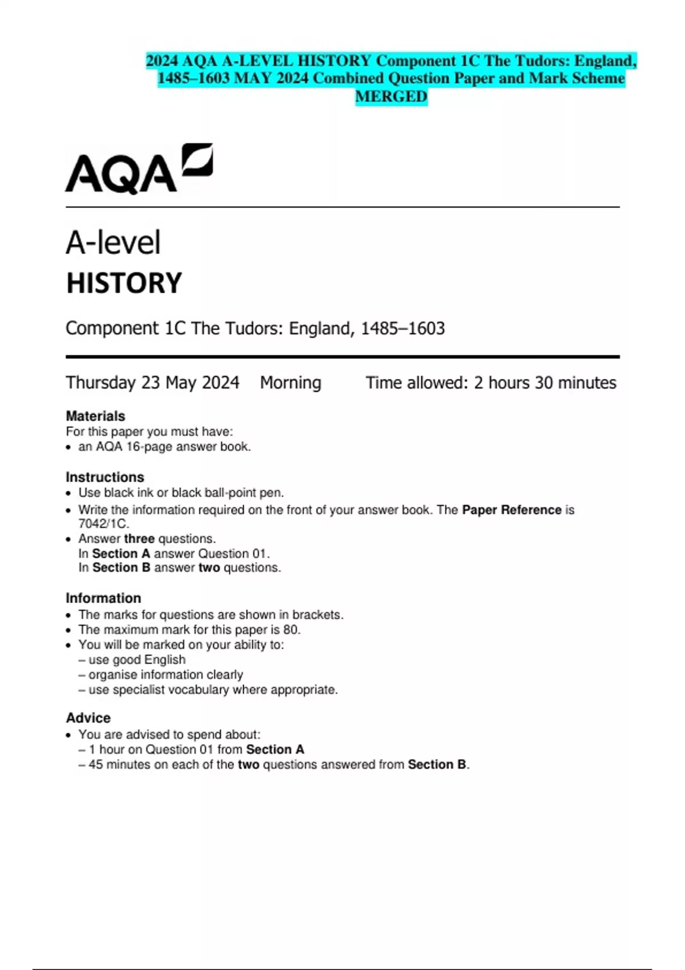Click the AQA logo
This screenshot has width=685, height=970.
point(139,168)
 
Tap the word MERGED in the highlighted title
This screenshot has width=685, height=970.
point(391,96)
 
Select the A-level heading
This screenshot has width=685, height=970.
point(113,242)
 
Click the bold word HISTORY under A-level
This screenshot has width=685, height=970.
point(124,284)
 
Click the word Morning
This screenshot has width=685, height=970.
point(291,382)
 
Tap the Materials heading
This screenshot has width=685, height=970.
point(95,416)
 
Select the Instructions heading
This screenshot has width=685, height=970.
point(105,477)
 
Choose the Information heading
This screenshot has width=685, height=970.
point(103,598)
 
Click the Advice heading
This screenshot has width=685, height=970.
point(88,718)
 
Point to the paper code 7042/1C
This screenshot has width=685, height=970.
point(103,523)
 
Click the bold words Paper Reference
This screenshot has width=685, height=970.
point(511,510)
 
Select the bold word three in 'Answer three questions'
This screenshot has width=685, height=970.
point(139,539)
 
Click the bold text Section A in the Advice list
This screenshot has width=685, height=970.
point(275,749)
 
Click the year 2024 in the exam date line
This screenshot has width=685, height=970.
point(220,382)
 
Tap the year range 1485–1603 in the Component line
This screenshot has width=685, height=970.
point(402,329)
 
